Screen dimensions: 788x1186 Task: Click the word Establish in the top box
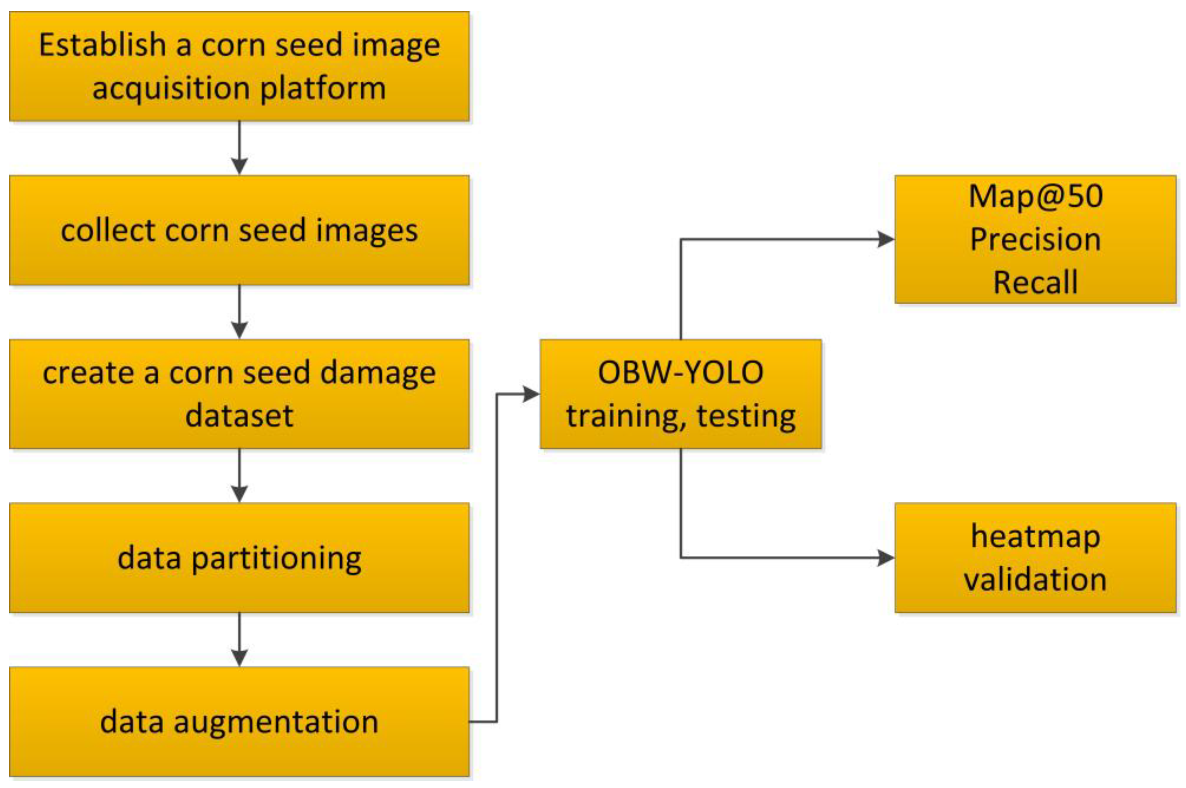click(x=103, y=45)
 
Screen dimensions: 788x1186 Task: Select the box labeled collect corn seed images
click(x=239, y=230)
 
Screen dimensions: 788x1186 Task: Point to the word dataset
click(x=239, y=416)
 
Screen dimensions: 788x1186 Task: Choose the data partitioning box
click(x=239, y=558)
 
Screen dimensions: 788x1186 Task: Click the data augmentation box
click(x=239, y=722)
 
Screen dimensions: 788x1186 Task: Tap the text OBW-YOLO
click(x=680, y=373)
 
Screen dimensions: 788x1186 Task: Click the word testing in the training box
click(x=746, y=416)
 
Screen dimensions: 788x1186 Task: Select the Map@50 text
click(x=1035, y=196)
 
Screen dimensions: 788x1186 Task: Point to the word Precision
click(x=1035, y=239)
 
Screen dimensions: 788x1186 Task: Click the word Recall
click(x=1035, y=282)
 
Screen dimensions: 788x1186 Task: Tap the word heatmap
click(x=1035, y=537)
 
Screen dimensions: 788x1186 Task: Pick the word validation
click(x=1035, y=580)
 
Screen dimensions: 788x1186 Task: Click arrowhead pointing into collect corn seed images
click(x=239, y=167)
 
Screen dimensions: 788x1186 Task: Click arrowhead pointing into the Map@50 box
click(x=886, y=239)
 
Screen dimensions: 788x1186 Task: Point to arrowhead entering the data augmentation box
click(x=239, y=658)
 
